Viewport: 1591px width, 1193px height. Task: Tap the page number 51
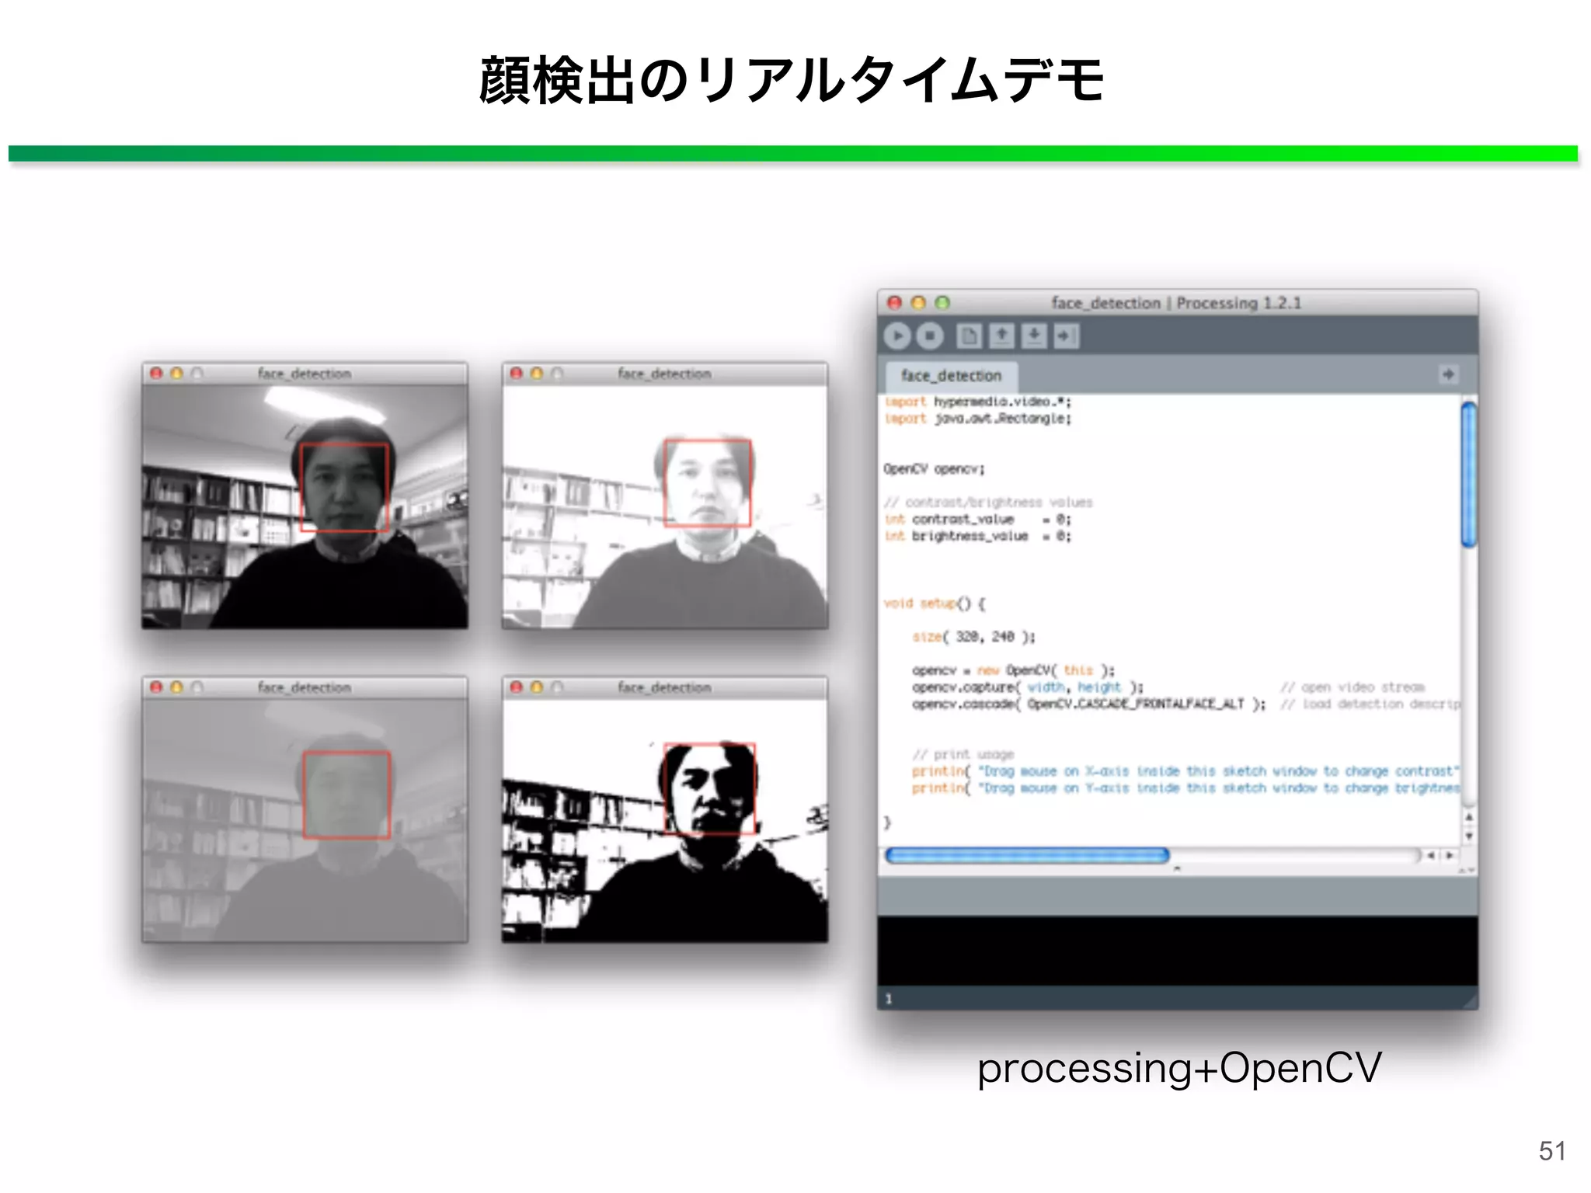1551,1150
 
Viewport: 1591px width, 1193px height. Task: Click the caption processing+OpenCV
1178,1067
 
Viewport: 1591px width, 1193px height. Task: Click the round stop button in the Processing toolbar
929,336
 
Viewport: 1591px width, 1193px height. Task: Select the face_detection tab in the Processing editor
951,376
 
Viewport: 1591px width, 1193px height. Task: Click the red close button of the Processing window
894,302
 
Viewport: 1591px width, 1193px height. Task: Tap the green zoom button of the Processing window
942,302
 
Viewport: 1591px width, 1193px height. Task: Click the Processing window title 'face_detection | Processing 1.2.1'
1175,303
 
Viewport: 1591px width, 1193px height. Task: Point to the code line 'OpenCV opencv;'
934,469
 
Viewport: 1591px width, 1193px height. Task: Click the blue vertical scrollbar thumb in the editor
1467,474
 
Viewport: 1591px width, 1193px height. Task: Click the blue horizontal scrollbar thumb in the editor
1026,855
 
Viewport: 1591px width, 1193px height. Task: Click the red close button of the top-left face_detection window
156,374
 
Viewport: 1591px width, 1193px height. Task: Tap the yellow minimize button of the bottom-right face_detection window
537,687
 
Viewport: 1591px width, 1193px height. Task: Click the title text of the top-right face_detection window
664,374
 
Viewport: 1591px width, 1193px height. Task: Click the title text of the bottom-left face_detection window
304,687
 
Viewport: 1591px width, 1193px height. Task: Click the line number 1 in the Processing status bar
889,999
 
